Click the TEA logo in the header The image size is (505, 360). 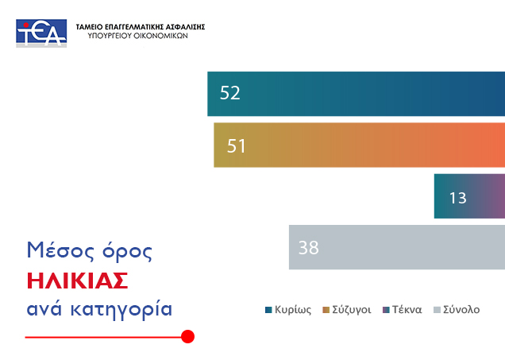(x=41, y=33)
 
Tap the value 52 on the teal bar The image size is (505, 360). (x=230, y=93)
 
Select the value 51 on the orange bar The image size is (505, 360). (x=237, y=145)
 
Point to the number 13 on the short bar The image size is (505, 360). (x=457, y=198)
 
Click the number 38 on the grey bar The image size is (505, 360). (x=309, y=247)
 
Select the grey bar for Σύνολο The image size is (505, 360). (x=397, y=247)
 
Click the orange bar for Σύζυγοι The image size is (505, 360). (x=360, y=145)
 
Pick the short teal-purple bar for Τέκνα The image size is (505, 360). (x=469, y=196)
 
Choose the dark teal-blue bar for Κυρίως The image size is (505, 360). (x=357, y=94)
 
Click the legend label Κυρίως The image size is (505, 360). (x=293, y=310)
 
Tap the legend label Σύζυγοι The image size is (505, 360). (x=352, y=310)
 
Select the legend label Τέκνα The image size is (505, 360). (x=407, y=310)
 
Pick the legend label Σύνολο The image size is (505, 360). (x=461, y=310)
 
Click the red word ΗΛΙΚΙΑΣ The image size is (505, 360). (x=78, y=281)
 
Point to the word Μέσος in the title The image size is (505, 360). (x=60, y=250)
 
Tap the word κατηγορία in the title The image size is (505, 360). (x=121, y=309)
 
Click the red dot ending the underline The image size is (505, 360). (x=187, y=336)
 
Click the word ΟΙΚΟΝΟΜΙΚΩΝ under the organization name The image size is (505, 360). (x=160, y=36)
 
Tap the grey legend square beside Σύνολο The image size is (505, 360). (x=437, y=310)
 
